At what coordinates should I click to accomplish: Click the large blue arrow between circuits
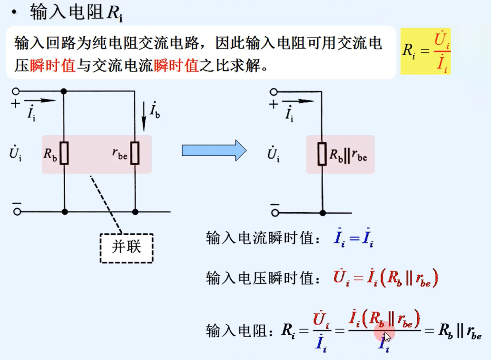214,150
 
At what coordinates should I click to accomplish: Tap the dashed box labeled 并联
127,248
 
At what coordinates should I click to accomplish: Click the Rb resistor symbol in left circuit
64,153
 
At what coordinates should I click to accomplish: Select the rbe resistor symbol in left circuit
135,153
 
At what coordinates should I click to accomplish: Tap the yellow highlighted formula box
425,51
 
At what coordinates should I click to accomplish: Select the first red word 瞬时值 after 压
53,65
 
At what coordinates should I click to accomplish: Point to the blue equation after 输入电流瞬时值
354,240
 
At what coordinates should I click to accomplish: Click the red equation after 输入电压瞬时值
385,278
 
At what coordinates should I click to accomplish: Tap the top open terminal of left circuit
17,91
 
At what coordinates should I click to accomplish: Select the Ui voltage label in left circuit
15,153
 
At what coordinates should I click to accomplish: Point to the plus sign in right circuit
273,105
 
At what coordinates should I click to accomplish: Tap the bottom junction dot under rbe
136,211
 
